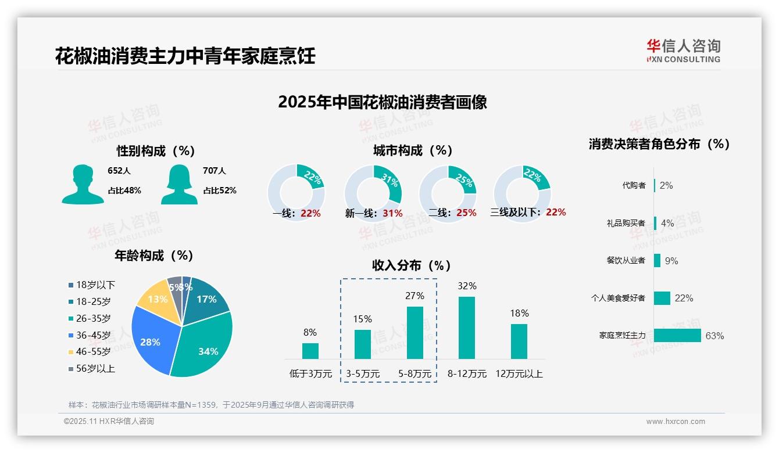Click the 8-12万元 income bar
(467, 328)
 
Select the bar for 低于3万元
(310, 351)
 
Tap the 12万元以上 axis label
(519, 374)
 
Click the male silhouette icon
(83, 185)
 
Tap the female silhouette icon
(179, 185)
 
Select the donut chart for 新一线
(373, 192)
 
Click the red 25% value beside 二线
(466, 213)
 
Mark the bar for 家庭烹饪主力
(677, 336)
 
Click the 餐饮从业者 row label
(626, 260)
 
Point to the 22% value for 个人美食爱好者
(684, 298)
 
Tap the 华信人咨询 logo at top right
(683, 51)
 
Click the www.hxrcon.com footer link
(676, 422)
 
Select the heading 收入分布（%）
(412, 266)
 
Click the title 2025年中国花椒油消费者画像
(383, 102)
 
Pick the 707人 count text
(215, 171)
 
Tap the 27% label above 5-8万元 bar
(415, 296)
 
